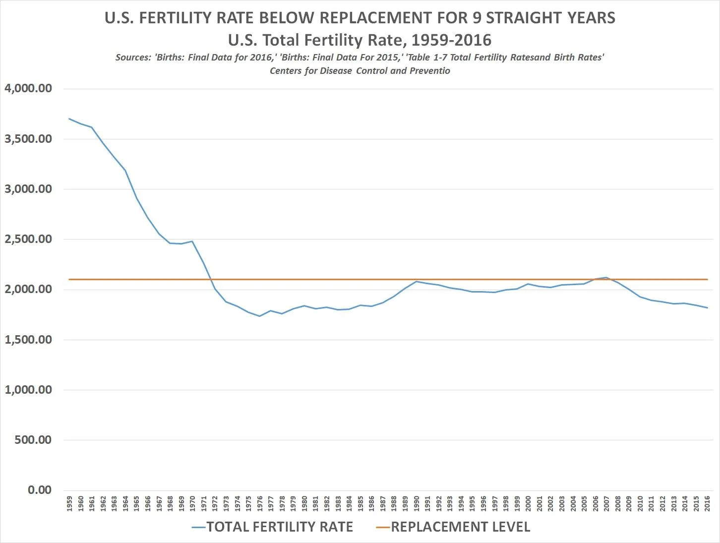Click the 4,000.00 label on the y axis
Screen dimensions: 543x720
point(28,88)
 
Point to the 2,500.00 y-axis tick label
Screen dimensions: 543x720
point(28,239)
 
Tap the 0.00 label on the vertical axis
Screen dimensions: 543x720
point(39,490)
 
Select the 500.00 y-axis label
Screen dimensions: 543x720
point(33,440)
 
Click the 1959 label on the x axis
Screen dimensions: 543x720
point(69,503)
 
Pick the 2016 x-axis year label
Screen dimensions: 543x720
point(707,503)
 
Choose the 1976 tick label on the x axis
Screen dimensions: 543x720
point(260,503)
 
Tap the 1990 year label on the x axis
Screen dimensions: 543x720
point(417,503)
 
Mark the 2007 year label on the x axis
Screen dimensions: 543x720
point(606,503)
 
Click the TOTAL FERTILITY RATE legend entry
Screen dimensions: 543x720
point(273,527)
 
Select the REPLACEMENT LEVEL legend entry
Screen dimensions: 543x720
point(454,527)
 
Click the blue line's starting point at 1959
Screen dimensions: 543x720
point(69,119)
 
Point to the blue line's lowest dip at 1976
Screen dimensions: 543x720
point(259,316)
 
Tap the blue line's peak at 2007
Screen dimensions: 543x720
point(606,278)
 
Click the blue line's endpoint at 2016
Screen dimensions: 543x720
point(707,307)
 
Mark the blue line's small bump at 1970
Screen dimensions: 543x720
point(192,241)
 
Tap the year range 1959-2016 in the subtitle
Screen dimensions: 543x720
point(451,40)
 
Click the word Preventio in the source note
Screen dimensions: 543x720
point(429,70)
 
